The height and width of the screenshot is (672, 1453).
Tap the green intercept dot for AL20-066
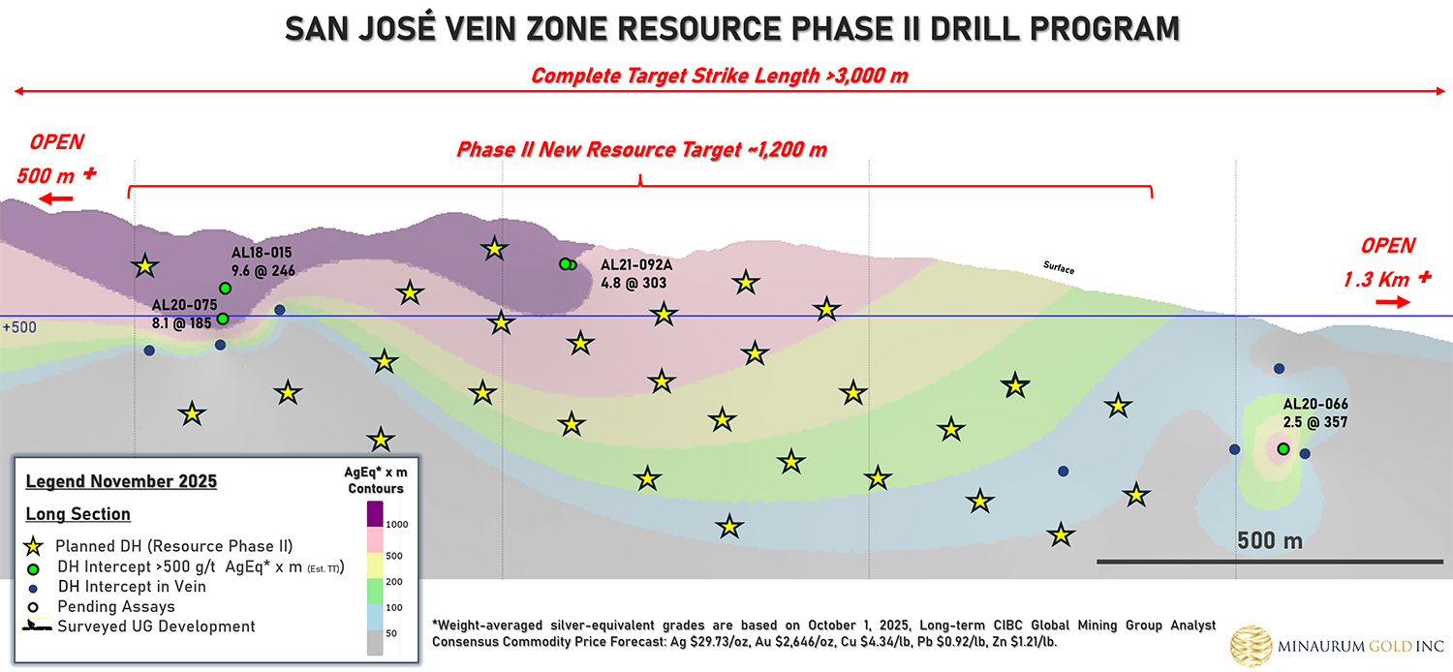[1283, 449]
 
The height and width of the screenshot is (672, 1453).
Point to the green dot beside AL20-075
[223, 319]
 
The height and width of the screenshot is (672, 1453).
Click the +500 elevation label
[19, 327]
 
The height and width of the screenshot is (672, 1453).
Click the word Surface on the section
[1059, 267]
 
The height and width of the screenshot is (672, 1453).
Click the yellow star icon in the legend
[34, 546]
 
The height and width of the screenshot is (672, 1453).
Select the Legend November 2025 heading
[121, 481]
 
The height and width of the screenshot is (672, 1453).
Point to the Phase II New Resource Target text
[641, 150]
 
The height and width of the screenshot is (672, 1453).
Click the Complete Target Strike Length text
[719, 76]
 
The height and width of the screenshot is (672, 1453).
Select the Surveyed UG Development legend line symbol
[34, 626]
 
